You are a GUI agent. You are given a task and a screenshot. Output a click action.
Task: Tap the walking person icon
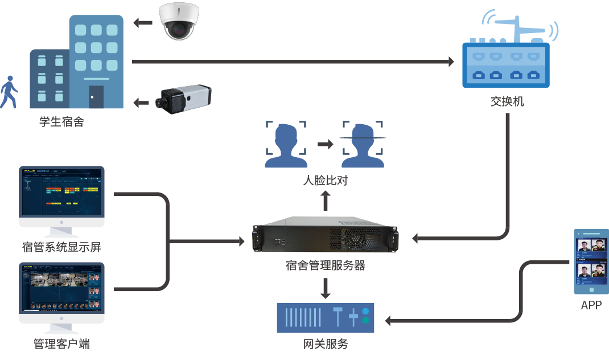tap(9, 92)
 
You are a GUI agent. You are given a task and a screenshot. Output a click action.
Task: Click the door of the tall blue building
tap(96, 97)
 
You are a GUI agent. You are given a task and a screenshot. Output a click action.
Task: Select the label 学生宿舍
tap(61, 122)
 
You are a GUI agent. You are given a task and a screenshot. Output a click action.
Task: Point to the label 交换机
tap(507, 102)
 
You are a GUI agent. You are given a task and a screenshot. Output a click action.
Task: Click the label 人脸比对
tap(325, 181)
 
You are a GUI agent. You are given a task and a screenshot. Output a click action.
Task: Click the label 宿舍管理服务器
tap(325, 265)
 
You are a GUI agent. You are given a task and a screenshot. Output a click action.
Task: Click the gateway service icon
tap(325, 318)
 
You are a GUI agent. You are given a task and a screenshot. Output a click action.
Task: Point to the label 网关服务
tap(325, 344)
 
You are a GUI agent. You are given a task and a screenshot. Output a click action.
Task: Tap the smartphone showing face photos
tap(591, 262)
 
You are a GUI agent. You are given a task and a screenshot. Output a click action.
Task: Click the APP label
tap(591, 305)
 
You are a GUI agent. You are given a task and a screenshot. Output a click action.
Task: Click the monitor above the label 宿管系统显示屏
tap(61, 194)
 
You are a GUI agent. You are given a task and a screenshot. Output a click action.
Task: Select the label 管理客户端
tap(61, 344)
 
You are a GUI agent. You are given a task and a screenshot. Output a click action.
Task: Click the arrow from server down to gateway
tap(325, 288)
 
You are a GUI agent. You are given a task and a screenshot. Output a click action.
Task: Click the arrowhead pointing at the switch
tap(451, 61)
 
